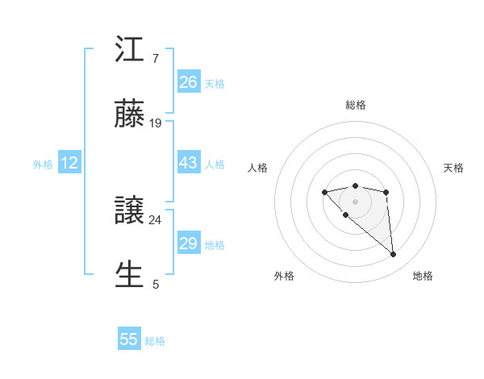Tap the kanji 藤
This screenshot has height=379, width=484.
tap(131, 116)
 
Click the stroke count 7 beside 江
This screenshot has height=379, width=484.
tap(156, 59)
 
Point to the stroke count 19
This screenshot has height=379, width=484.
tap(156, 123)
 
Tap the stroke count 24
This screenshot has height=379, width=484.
tap(156, 219)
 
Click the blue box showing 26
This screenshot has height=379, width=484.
tap(189, 81)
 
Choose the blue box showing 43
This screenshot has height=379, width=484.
tap(189, 162)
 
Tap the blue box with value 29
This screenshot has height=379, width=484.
tap(189, 243)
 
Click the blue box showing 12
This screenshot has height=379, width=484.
tap(69, 163)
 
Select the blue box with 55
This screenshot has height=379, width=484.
tap(129, 339)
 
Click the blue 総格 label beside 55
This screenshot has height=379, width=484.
tap(156, 341)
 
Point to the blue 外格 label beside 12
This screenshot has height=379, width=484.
tap(43, 165)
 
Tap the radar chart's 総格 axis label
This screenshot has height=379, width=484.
tap(356, 105)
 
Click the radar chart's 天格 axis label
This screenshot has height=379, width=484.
tap(453, 168)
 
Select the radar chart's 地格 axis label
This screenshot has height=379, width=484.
tap(423, 276)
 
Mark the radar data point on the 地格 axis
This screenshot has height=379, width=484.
tap(394, 255)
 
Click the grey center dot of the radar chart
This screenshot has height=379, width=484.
tap(355, 202)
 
